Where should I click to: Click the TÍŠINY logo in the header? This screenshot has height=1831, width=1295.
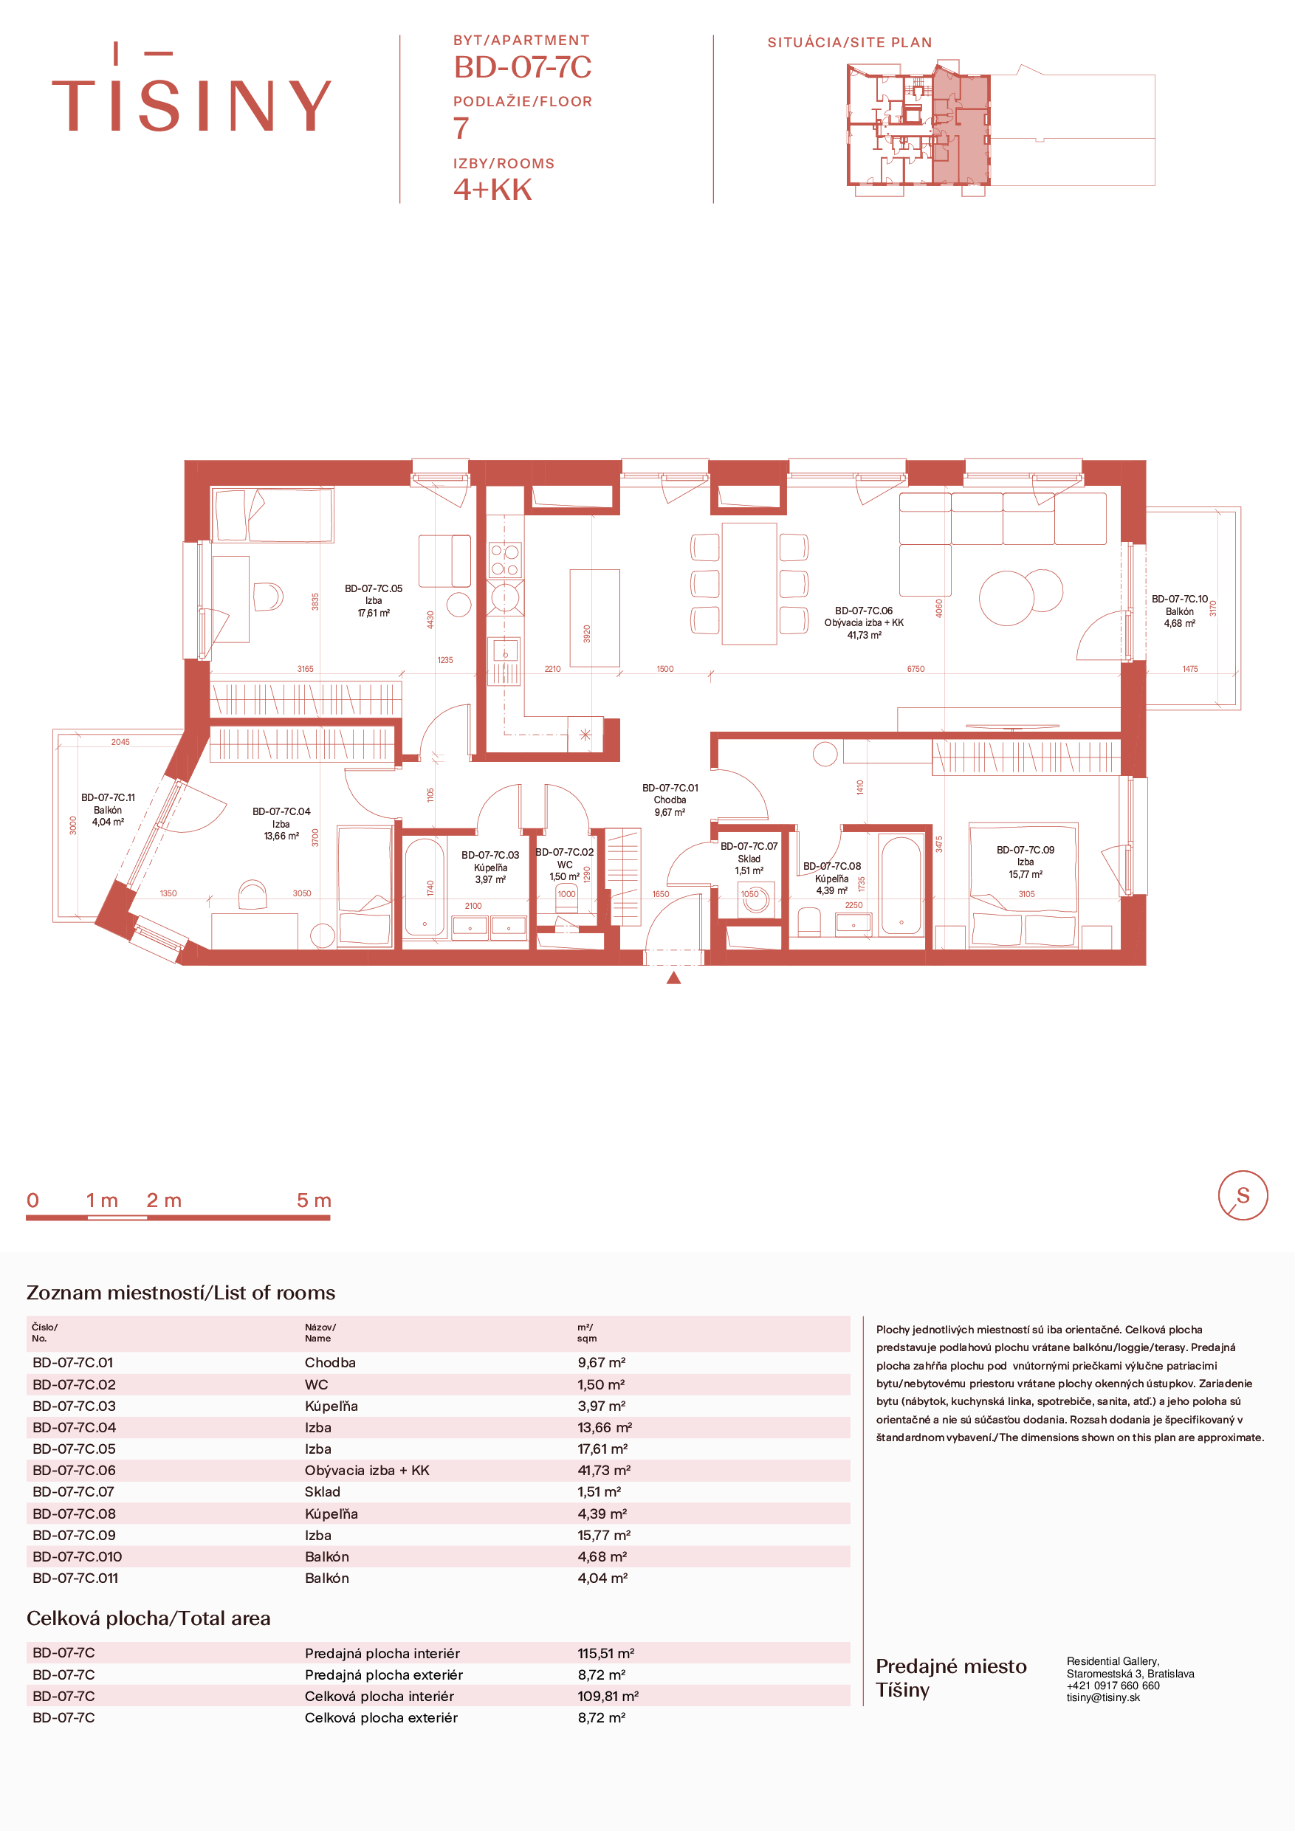[191, 88]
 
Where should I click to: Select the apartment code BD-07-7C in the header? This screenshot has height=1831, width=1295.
[522, 67]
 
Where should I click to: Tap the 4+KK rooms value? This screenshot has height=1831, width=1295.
[492, 190]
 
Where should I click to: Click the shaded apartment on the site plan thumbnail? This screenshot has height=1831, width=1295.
[960, 128]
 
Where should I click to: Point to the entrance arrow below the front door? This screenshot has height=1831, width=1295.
[674, 977]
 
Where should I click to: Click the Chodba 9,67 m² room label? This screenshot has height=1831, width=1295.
[670, 800]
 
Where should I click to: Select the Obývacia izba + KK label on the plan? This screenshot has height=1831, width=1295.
[864, 623]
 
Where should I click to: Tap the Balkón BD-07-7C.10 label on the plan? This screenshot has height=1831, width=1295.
[1179, 611]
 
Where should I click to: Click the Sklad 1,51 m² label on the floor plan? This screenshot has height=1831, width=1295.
[749, 858]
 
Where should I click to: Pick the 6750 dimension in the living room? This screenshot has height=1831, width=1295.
[916, 669]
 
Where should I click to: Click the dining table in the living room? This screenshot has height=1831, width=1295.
[749, 583]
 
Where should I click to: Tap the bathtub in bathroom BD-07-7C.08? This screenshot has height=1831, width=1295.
[901, 884]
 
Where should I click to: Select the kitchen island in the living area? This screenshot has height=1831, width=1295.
[595, 618]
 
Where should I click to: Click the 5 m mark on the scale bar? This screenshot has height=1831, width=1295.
[313, 1200]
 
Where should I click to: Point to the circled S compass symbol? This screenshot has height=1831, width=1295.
[1243, 1195]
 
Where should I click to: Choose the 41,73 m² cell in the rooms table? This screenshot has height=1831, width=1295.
[604, 1470]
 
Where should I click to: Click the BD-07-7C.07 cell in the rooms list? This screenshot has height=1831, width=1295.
[73, 1491]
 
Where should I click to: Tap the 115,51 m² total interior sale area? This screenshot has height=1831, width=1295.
[605, 1653]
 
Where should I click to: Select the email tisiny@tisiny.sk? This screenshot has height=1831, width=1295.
[1103, 1697]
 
